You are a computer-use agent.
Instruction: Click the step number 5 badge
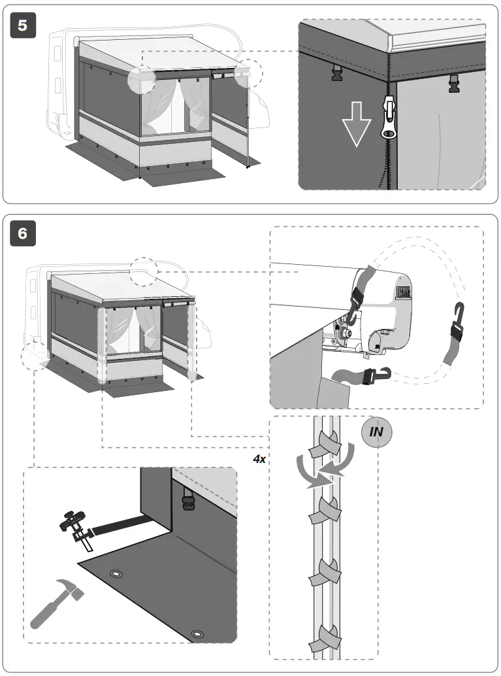pos(24,25)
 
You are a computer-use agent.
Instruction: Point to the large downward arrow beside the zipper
pos(356,124)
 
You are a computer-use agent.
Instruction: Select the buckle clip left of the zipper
pos(337,73)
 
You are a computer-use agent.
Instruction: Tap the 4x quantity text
pos(259,459)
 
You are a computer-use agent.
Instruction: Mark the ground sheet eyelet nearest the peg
pos(117,574)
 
